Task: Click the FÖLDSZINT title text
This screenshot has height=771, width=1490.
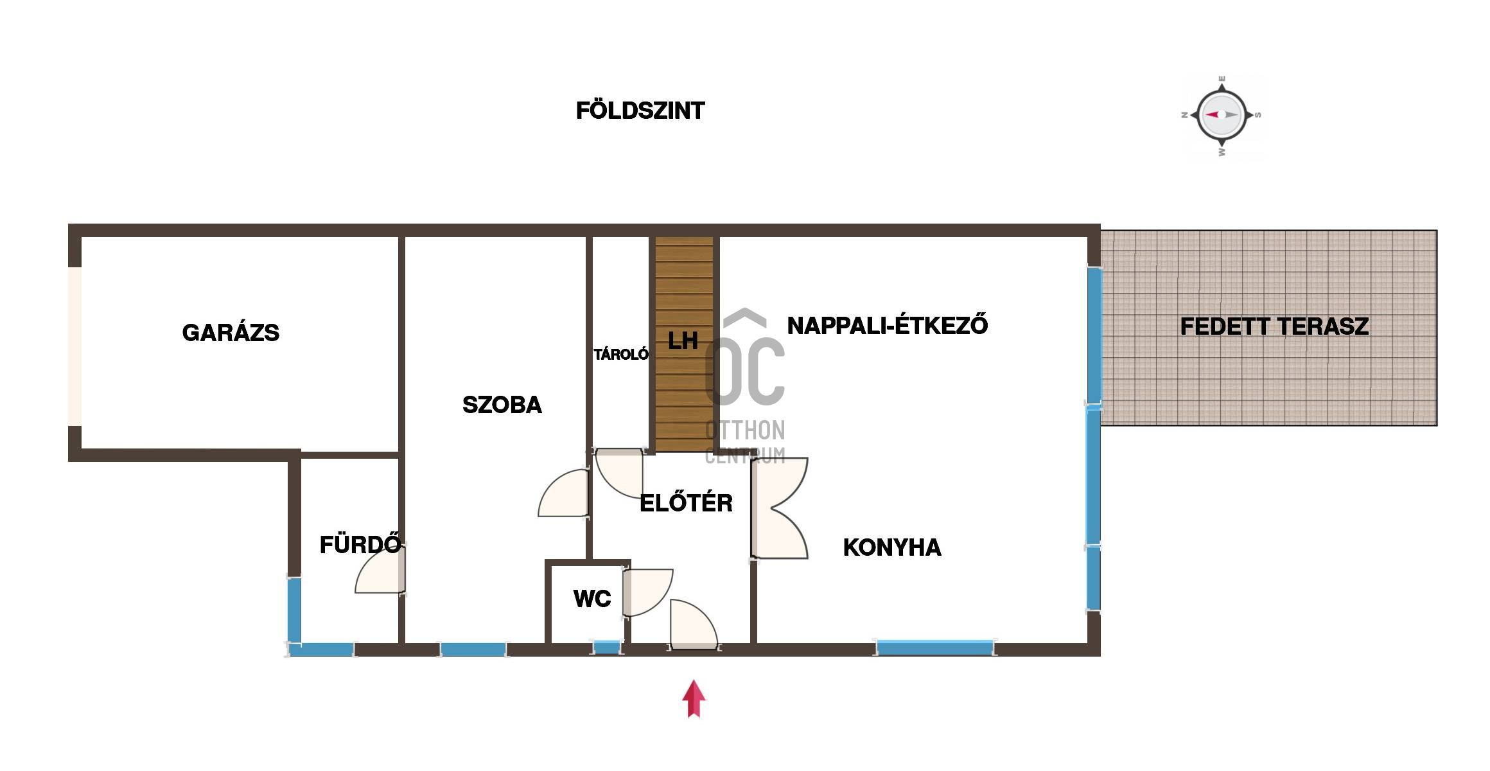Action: [x=640, y=111]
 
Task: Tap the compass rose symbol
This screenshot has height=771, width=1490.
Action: [x=1222, y=116]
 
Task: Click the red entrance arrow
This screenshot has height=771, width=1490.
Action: [x=694, y=698]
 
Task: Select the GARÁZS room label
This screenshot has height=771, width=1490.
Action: [x=231, y=333]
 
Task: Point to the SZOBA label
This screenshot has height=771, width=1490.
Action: [x=502, y=405]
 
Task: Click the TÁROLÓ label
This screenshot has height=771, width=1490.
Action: [x=621, y=354]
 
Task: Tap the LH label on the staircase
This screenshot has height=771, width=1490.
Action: [x=683, y=341]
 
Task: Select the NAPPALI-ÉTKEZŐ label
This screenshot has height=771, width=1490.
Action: [x=888, y=325]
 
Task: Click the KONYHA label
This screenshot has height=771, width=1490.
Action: [x=892, y=547]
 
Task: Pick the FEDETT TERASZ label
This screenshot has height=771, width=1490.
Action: [x=1274, y=327]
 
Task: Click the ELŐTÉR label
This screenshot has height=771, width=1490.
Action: [x=687, y=502]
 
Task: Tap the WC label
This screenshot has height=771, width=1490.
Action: [x=592, y=599]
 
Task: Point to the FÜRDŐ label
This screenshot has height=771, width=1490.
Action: [x=361, y=544]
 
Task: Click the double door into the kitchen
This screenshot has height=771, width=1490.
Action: [x=780, y=508]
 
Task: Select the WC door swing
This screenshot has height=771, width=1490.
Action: [x=648, y=592]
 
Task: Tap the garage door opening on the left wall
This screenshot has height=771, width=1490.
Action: [x=75, y=346]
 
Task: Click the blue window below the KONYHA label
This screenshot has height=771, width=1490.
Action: [x=935, y=648]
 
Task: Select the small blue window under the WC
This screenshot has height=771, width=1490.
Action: [x=606, y=648]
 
